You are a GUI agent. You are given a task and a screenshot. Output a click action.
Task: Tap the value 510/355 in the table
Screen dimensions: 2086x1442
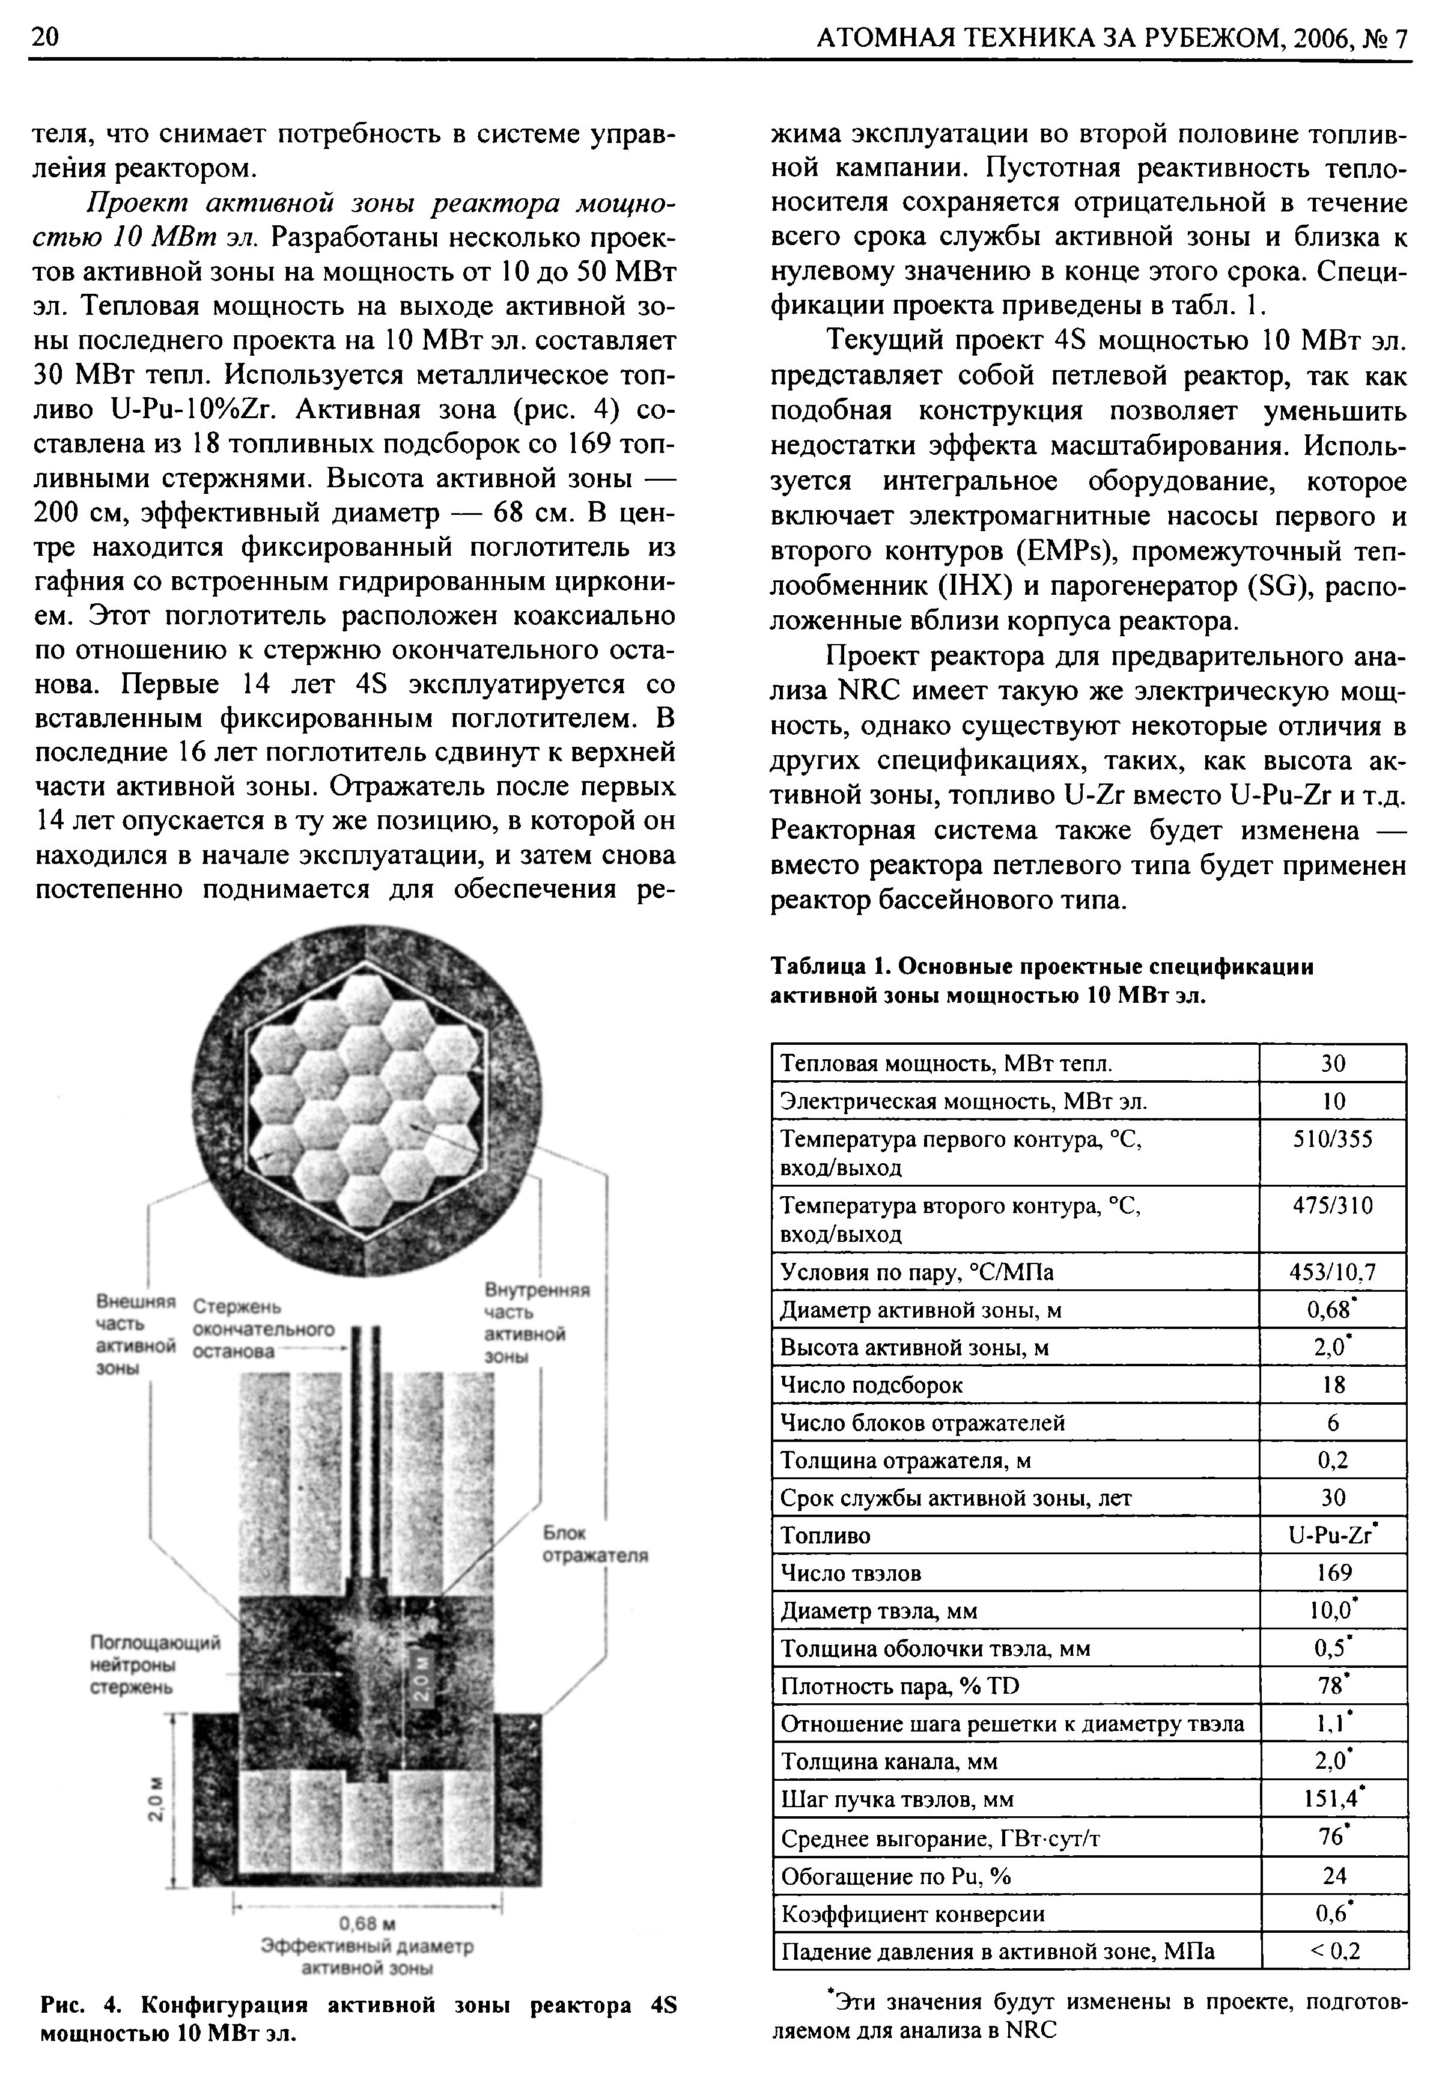(x=1333, y=1139)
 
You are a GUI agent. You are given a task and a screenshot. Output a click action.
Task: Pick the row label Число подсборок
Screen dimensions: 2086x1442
(x=871, y=1385)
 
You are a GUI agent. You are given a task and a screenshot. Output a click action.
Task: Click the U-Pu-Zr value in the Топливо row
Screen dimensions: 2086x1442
(x=1333, y=1536)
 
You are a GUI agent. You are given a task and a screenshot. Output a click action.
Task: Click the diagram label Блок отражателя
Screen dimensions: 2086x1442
(x=594, y=1544)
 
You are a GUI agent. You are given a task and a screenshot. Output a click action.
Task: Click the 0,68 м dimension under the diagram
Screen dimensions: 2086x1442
(x=367, y=1921)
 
